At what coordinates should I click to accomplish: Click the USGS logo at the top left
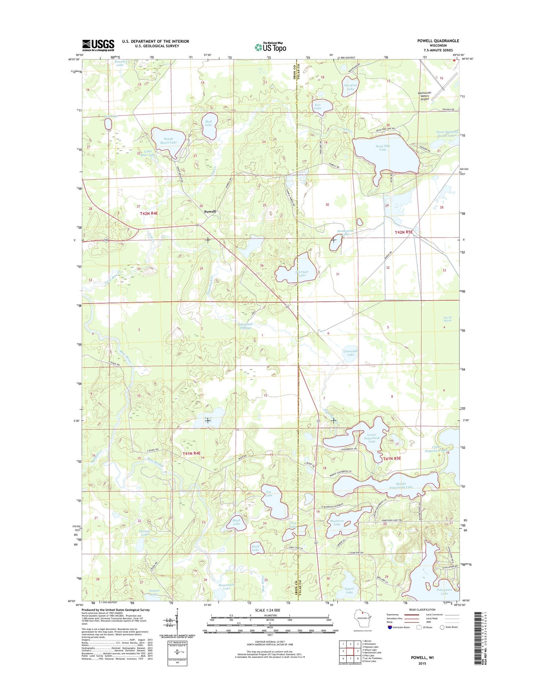98,45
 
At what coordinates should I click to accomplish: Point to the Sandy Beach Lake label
168,140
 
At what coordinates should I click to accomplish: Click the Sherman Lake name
302,273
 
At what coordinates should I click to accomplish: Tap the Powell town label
210,212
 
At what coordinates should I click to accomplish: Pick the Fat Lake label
269,494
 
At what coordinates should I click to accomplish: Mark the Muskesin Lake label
337,523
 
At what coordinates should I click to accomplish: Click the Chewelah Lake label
350,353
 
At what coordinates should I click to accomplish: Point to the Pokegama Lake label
444,591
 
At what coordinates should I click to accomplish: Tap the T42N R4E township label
149,213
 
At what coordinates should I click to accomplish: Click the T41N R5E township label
392,458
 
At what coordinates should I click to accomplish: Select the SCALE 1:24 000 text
267,610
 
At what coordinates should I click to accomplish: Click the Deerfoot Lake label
350,87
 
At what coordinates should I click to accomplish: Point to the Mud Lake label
209,123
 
